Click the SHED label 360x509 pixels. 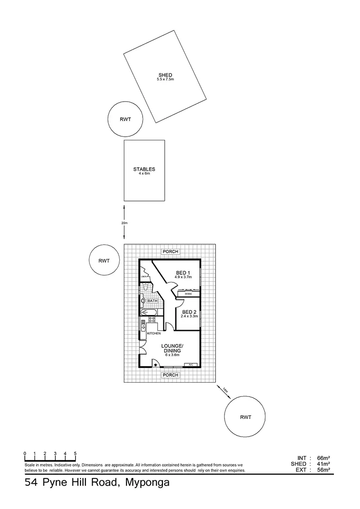[165, 75]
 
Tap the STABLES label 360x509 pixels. [144, 169]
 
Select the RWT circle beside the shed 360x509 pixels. [125, 120]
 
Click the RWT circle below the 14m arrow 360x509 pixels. [245, 417]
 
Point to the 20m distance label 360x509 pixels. [124, 223]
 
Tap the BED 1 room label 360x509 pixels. [183, 272]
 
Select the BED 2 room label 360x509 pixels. [189, 312]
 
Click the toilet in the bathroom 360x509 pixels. [145, 287]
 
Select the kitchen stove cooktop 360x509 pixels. [152, 320]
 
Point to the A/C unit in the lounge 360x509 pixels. [191, 364]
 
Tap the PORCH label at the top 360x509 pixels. [171, 251]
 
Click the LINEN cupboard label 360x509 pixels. [144, 277]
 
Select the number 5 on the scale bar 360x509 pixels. [75, 453]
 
